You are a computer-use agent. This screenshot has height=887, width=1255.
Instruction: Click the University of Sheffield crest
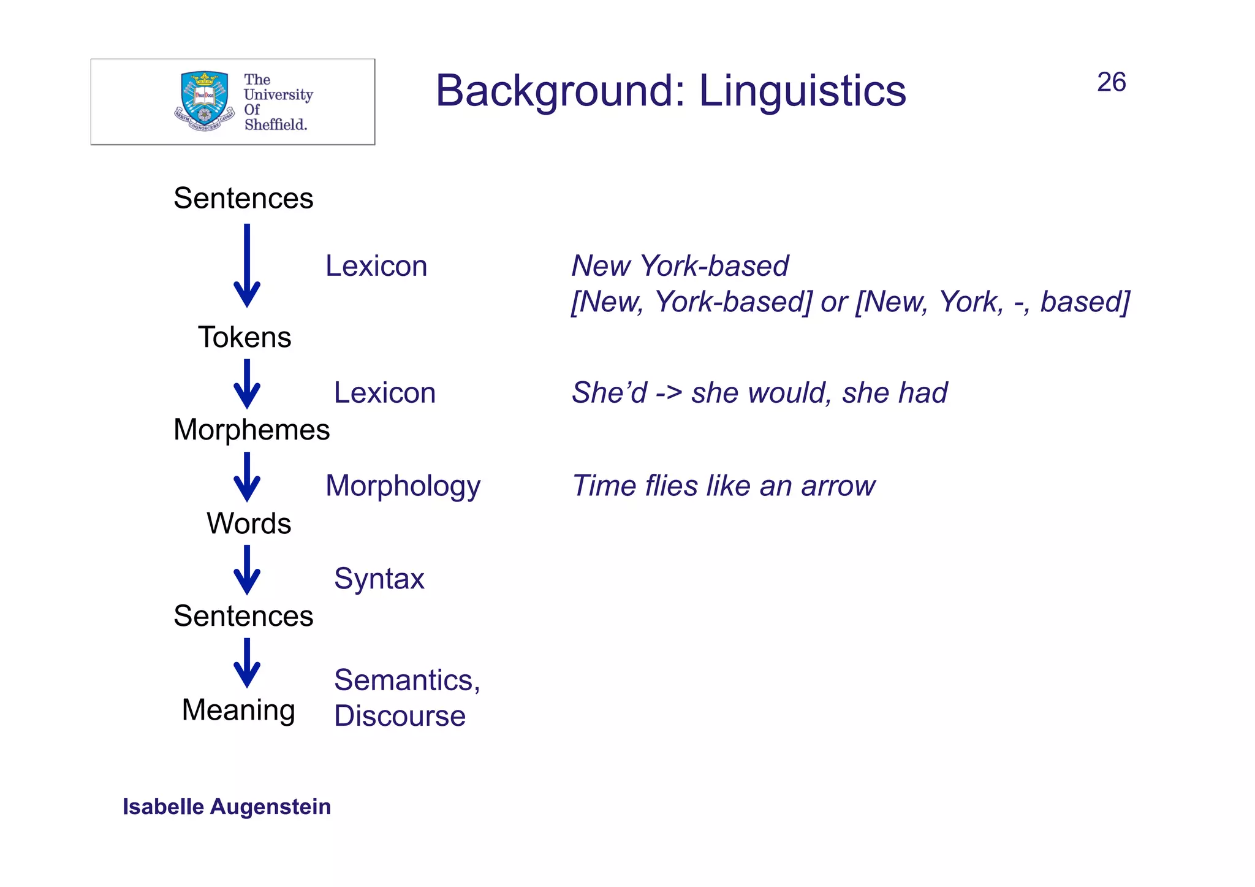point(205,101)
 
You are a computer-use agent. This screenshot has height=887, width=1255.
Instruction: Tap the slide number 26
point(1111,82)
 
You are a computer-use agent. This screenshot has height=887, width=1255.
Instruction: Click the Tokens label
point(245,337)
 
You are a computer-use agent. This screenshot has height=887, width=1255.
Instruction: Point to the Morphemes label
point(251,430)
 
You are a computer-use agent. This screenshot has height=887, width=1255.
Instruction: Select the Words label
point(249,523)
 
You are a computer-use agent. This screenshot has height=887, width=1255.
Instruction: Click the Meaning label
point(238,710)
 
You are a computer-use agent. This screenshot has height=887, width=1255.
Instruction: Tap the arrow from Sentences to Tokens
point(247,267)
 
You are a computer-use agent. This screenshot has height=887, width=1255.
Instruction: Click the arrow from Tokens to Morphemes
point(247,384)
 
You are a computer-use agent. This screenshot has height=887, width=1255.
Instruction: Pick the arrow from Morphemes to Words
point(247,478)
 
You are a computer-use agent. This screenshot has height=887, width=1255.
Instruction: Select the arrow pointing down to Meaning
point(247,663)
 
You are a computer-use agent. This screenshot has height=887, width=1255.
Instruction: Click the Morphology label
point(403,486)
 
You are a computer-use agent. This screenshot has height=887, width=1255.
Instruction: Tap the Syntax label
point(379,579)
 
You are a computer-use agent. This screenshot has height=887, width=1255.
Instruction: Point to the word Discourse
point(400,716)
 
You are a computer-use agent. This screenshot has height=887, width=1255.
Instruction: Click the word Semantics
point(404,680)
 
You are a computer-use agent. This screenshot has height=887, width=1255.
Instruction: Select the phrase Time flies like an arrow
point(723,486)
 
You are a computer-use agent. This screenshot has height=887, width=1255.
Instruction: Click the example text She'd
point(609,393)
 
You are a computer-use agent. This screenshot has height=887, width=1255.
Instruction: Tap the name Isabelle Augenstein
point(227,807)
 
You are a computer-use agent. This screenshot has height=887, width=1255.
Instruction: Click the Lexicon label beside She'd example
point(384,393)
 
